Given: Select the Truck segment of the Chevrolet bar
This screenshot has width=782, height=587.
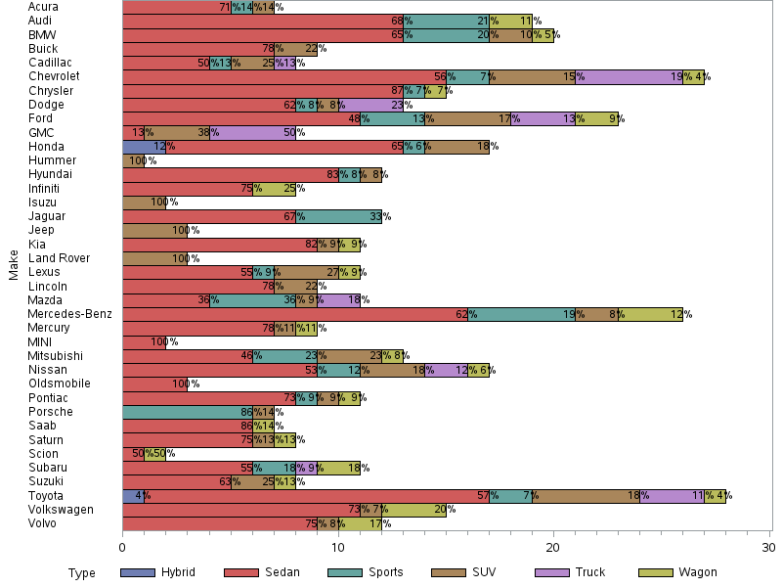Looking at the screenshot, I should (x=629, y=76).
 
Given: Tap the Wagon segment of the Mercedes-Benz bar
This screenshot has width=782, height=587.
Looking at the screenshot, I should (x=650, y=315).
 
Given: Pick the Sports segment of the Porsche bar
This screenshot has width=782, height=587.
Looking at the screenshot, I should (x=187, y=412).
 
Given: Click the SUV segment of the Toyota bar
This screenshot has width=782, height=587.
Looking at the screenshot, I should (x=585, y=496).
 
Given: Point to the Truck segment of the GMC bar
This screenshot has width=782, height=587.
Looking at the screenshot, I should (x=252, y=132).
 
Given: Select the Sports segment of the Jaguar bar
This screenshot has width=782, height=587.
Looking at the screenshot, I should (x=338, y=216).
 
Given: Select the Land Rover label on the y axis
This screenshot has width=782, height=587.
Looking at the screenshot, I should (x=59, y=258).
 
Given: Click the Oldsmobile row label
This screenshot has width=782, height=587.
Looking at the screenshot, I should (x=61, y=384).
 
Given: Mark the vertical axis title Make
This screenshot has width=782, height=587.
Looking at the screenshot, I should (x=14, y=265).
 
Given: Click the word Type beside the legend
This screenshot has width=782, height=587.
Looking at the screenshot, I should (x=82, y=573).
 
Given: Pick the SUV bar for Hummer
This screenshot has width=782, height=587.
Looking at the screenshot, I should (x=133, y=160).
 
